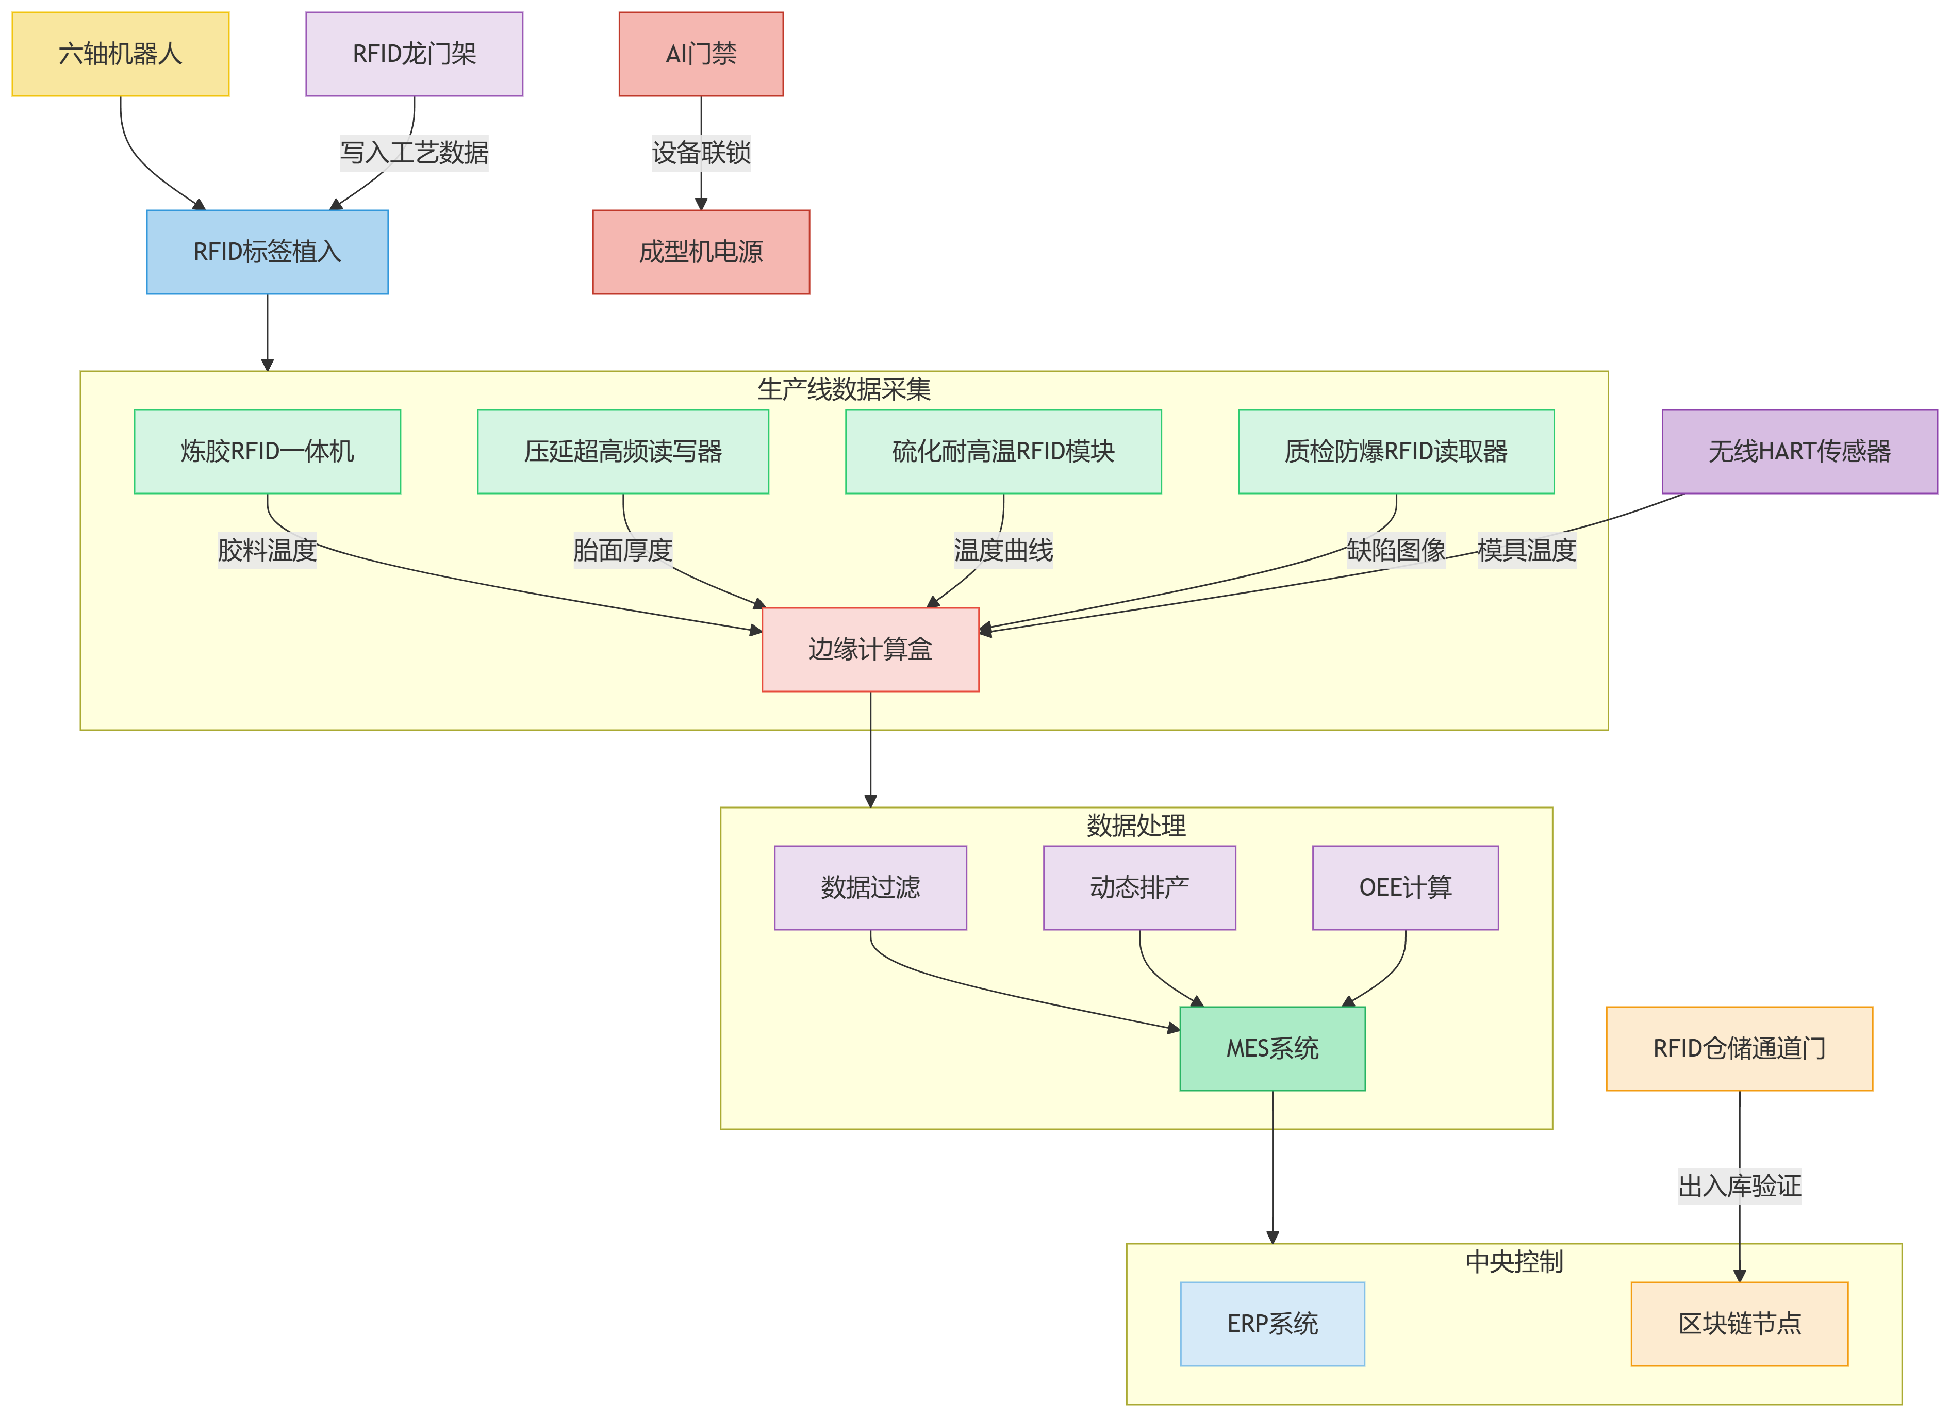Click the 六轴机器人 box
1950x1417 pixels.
[120, 54]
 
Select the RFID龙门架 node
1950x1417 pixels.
[415, 54]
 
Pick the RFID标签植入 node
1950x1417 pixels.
[268, 252]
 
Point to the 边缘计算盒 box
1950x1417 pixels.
[870, 649]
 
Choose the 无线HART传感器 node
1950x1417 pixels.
[1799, 451]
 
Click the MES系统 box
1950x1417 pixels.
[1273, 1049]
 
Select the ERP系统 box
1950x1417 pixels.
[1273, 1324]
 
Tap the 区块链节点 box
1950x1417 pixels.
[1739, 1324]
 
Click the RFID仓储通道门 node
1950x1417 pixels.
[1739, 1049]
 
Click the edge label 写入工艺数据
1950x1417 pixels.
[415, 153]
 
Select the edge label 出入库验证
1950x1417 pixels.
[1739, 1187]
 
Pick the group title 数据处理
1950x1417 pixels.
[1136, 826]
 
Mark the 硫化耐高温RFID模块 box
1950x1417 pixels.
[1003, 451]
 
